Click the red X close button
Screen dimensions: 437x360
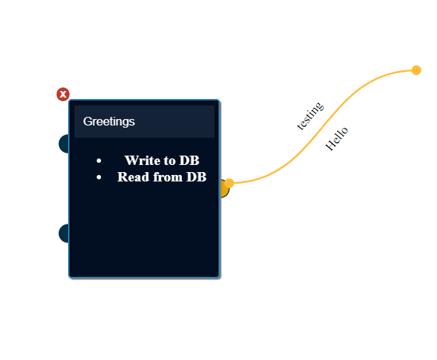(x=63, y=94)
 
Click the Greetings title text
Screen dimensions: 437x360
(x=109, y=121)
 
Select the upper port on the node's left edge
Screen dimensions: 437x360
(x=64, y=143)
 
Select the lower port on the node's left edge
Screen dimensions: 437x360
(x=64, y=233)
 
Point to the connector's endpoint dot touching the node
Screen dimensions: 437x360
(x=229, y=183)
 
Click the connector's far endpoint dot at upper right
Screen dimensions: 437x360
(x=416, y=70)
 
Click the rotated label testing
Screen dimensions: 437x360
(x=310, y=115)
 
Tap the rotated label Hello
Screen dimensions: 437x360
(x=337, y=138)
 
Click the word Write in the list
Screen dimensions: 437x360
(x=142, y=160)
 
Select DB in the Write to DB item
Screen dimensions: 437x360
(x=189, y=160)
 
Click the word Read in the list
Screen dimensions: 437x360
(x=133, y=176)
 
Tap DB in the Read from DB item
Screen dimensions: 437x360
(x=196, y=176)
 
